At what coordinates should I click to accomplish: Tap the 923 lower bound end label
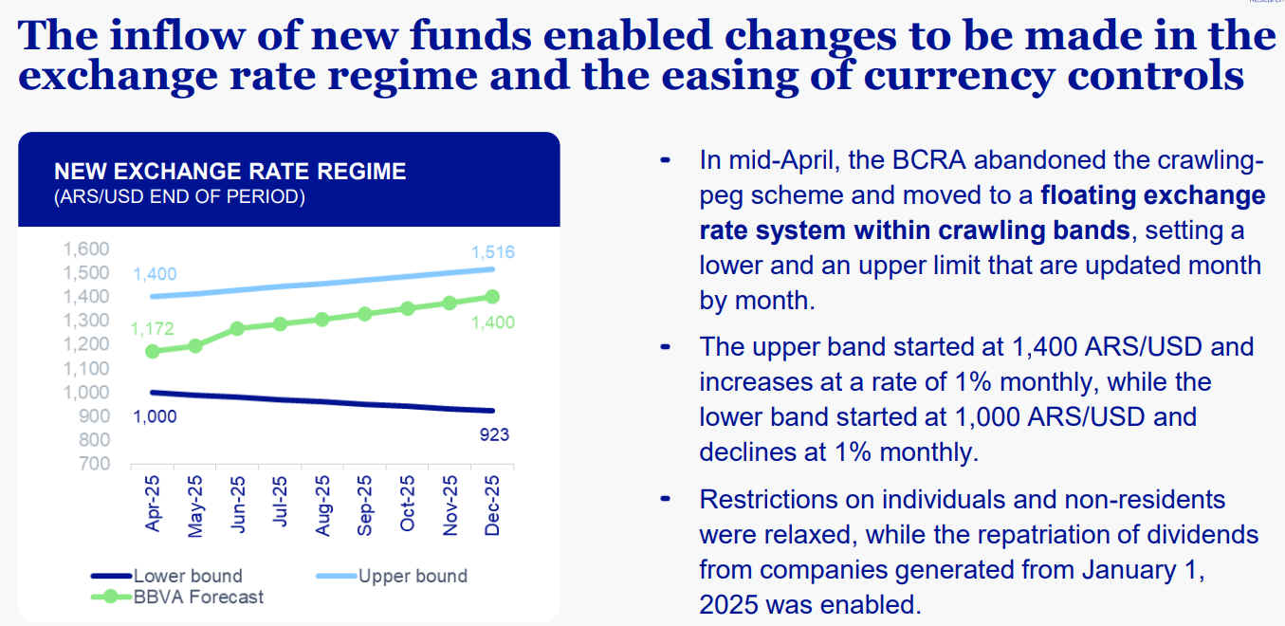[493, 435]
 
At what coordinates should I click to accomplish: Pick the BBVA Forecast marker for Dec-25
[491, 297]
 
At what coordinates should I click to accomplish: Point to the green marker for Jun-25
[238, 328]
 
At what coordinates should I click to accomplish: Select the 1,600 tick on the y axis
[86, 249]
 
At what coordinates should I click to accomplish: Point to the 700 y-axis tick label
[95, 464]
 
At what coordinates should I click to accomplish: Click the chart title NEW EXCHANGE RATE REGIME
[230, 172]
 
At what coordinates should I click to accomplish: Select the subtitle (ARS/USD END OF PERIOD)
[180, 197]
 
